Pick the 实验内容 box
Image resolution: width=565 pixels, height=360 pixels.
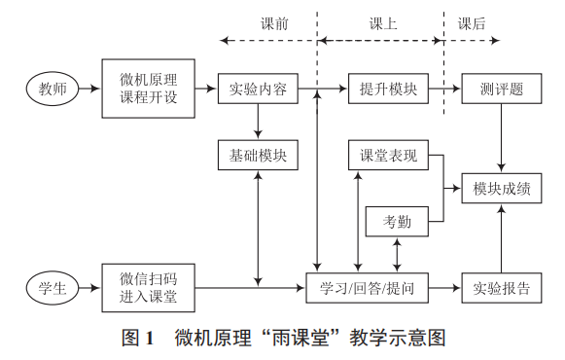(x=258, y=90)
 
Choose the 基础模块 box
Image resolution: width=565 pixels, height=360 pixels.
(x=258, y=155)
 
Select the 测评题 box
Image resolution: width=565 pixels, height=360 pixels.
(x=501, y=90)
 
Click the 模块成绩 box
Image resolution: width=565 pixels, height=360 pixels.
(x=501, y=188)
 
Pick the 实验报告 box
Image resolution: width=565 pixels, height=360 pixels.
(x=501, y=288)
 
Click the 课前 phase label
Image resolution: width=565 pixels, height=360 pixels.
(x=274, y=23)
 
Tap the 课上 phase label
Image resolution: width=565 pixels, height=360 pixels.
(x=382, y=23)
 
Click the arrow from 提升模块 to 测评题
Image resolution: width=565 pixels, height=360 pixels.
(x=445, y=90)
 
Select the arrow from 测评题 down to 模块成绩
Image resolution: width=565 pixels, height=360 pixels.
(x=501, y=137)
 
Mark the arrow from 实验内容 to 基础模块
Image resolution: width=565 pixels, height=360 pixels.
(x=258, y=122)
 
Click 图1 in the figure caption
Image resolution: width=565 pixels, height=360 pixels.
(x=138, y=339)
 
